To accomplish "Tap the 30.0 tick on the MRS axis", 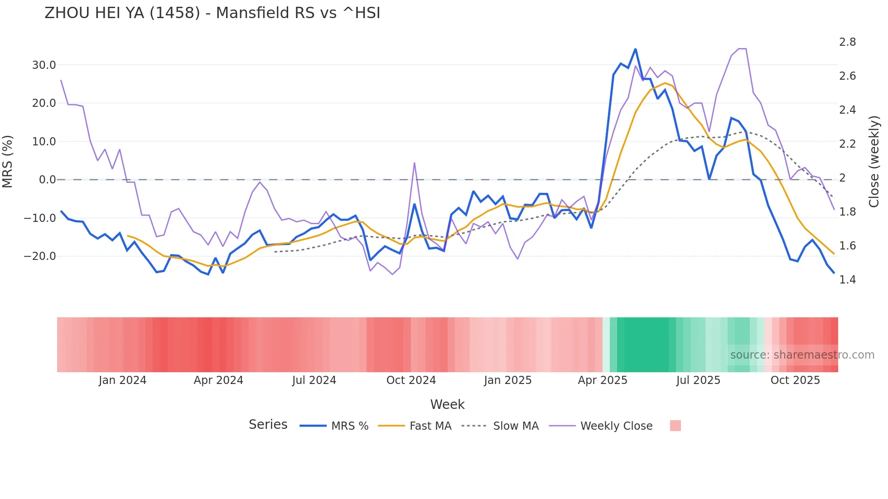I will click(x=44, y=65).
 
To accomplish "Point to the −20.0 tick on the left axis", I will click(x=40, y=256).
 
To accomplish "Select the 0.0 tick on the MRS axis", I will click(x=48, y=180).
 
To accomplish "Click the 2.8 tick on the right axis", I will click(x=847, y=42).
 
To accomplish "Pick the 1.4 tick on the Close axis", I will click(x=847, y=280).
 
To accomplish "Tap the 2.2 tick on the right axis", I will click(x=847, y=144).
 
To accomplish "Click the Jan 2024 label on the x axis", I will click(x=122, y=380).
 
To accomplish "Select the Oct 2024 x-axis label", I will click(x=411, y=380).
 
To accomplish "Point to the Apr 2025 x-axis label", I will click(x=603, y=380).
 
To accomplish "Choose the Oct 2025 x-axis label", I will click(x=795, y=380).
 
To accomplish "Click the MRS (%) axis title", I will click(x=8, y=161).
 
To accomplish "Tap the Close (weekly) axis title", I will click(x=874, y=162).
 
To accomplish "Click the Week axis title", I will click(x=447, y=404).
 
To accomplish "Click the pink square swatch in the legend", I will click(x=675, y=426).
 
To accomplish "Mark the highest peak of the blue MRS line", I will click(x=635, y=49).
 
